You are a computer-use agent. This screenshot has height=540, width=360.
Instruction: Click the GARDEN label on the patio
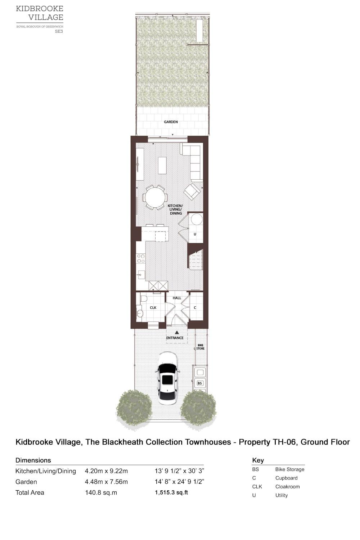171,122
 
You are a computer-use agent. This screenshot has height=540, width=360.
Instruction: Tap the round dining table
155,197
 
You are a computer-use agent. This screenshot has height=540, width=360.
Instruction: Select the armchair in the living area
193,192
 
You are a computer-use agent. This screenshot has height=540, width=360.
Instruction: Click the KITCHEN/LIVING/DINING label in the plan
176,210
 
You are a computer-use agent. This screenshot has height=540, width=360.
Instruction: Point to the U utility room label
195,234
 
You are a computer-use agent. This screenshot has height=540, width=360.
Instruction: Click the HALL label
177,298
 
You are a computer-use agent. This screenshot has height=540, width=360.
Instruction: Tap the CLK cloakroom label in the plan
153,308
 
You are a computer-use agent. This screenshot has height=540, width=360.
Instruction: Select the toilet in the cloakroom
143,298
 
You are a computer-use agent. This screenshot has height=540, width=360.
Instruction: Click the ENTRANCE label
175,338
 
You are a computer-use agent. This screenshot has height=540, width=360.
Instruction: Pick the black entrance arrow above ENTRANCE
177,332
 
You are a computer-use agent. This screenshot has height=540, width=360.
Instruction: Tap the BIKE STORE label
200,347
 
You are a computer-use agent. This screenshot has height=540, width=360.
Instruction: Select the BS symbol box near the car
200,383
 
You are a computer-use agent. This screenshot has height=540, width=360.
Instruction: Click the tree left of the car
134,408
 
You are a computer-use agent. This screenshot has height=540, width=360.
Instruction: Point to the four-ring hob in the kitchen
141,258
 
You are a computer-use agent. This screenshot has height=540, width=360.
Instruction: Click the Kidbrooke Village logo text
40,13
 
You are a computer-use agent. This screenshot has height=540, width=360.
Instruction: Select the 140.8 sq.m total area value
101,493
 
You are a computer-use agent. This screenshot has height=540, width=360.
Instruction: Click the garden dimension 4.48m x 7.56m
106,482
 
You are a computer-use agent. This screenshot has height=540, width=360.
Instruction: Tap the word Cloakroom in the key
287,487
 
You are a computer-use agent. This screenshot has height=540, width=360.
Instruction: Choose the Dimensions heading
33,460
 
